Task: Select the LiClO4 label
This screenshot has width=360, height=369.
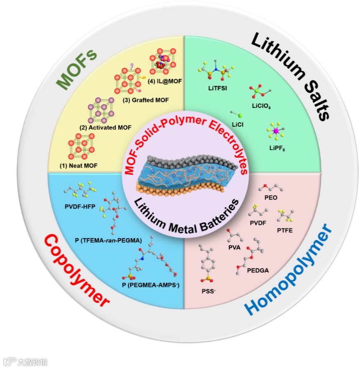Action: tap(262, 106)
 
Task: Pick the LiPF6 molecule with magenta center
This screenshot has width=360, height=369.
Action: tap(276, 131)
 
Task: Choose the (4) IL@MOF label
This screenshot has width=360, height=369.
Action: tap(167, 81)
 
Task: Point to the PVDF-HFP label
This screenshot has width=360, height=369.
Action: tap(80, 207)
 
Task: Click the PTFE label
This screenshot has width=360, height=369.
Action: tap(284, 230)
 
